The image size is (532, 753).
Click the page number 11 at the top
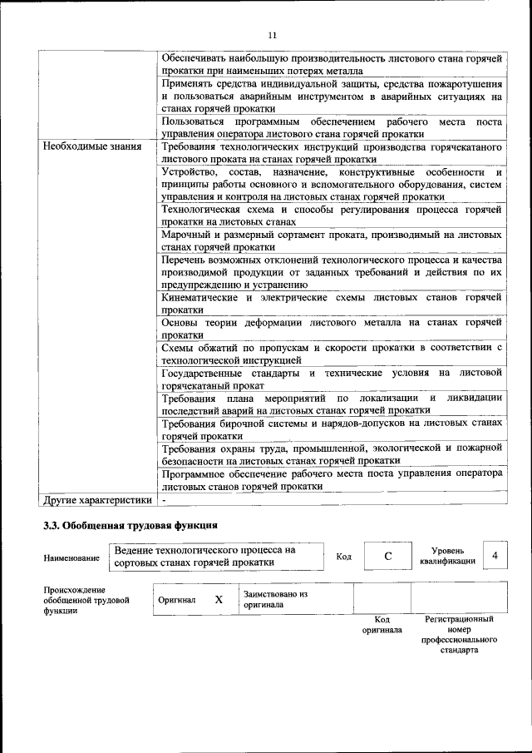271,35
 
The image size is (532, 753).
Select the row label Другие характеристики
97,500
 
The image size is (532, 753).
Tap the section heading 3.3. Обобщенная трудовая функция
131,526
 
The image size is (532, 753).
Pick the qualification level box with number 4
495,555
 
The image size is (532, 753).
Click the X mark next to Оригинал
219,599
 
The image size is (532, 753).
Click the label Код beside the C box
342,556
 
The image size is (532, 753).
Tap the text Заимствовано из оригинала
275,600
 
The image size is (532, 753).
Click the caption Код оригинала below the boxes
382,625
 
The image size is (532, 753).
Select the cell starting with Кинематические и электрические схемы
332,303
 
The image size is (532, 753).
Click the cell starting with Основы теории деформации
332,329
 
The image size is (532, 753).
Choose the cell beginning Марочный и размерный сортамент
332,240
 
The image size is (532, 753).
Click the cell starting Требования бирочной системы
332,429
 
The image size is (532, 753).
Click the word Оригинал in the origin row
180,600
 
